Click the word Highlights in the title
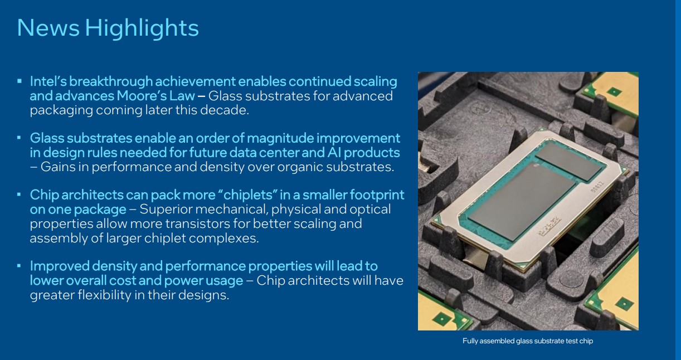[x=142, y=28]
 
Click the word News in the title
[x=48, y=28]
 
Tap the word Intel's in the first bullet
[x=48, y=81]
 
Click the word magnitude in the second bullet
[x=280, y=138]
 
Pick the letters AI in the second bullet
[x=334, y=153]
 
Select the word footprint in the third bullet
[x=377, y=195]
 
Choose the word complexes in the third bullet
[x=224, y=239]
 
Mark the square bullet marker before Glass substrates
[x=19, y=138]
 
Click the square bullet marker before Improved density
[x=19, y=266]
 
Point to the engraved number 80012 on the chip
[x=596, y=187]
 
